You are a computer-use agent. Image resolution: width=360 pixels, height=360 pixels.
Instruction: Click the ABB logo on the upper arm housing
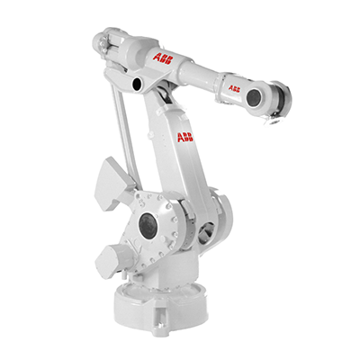(163, 58)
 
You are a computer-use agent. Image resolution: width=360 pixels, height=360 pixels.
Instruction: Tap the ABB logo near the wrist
(234, 89)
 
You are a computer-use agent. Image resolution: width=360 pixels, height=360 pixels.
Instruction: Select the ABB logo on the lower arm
(184, 136)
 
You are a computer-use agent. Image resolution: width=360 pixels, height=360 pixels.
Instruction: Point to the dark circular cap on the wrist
(255, 96)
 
